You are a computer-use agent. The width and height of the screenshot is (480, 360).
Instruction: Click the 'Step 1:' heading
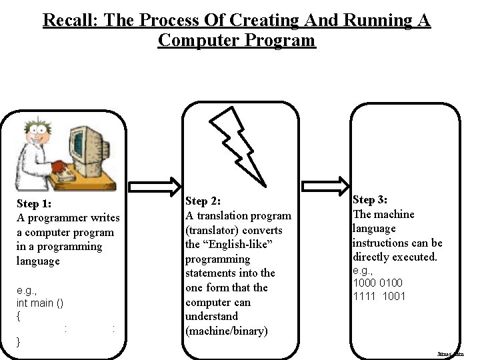(x=34, y=203)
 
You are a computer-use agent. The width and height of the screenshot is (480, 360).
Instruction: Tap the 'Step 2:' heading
(x=203, y=201)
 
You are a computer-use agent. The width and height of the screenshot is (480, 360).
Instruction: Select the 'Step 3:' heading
(x=370, y=199)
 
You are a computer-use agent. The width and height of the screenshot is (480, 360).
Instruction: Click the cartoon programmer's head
(x=34, y=134)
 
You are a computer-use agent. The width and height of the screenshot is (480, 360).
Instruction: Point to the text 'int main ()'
(x=40, y=303)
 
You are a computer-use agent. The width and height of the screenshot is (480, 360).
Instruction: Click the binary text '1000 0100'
(x=378, y=283)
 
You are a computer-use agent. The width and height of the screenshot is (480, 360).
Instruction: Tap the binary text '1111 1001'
(x=379, y=296)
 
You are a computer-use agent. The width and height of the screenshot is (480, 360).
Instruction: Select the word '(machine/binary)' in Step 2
(x=226, y=331)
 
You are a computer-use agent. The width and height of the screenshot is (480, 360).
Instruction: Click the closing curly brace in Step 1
(x=19, y=342)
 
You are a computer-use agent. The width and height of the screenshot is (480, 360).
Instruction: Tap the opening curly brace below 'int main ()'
(x=19, y=316)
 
